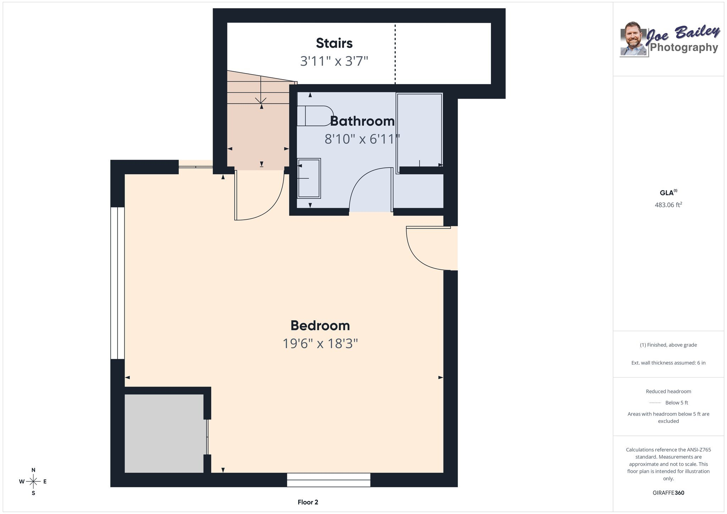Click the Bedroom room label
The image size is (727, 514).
pos(320,326)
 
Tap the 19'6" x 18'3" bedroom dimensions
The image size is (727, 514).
pos(320,344)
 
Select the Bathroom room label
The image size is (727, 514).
pos(362,121)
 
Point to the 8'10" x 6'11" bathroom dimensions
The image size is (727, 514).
pos(362,139)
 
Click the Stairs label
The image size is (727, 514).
pos(334,43)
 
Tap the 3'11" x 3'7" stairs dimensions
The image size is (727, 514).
pos(334,61)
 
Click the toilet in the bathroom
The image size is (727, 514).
pos(314,116)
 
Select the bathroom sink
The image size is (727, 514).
pos(309,178)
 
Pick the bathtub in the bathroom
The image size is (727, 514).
pos(419,133)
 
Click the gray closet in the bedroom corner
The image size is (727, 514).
pos(164,433)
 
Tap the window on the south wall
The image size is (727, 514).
pos(329,480)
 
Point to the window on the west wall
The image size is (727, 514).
pos(117,283)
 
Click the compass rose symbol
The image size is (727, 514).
pos(33,482)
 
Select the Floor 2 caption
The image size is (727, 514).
pos(308,502)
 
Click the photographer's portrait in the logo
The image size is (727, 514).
pos(634,39)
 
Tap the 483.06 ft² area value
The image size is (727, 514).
pos(668,205)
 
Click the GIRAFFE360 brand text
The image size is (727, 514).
pos(668,493)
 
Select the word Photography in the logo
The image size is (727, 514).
pos(684,47)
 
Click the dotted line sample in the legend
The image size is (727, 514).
pos(655,403)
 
